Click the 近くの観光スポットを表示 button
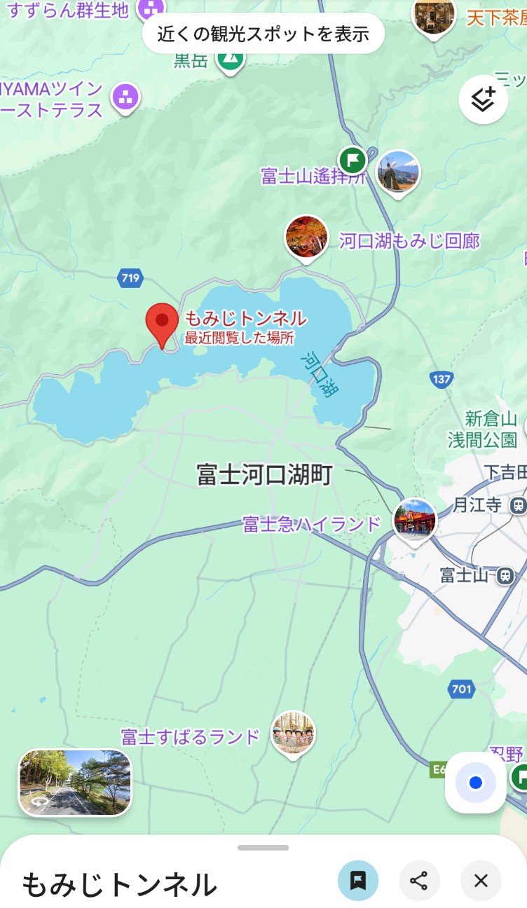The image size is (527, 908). click(x=263, y=33)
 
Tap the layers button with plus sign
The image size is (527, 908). click(x=483, y=99)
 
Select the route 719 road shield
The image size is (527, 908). click(x=130, y=279)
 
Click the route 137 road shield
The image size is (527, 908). click(x=441, y=380)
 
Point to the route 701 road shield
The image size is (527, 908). click(x=462, y=689)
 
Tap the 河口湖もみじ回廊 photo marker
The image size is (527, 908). click(x=306, y=237)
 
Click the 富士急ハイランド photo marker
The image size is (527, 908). click(x=415, y=519)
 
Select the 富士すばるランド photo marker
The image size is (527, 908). click(x=293, y=733)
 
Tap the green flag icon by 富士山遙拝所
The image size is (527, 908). click(x=353, y=160)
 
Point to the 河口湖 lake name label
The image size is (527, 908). click(x=319, y=374)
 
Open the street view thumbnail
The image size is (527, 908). click(x=75, y=783)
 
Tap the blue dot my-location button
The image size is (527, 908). click(x=476, y=783)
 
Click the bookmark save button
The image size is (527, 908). click(x=358, y=881)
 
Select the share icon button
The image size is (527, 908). click(x=419, y=881)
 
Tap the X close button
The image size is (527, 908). click(x=481, y=881)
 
